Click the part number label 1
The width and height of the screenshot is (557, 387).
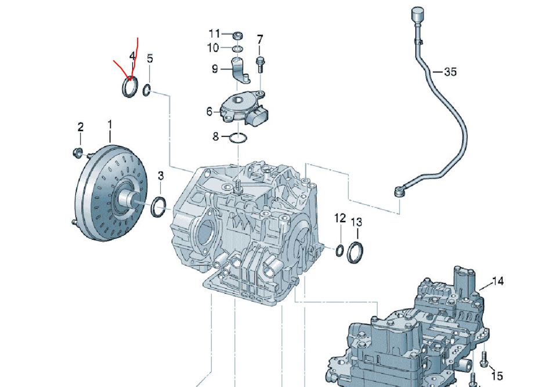109,124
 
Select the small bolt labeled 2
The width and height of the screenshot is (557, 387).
77,153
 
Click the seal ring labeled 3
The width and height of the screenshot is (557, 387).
158,207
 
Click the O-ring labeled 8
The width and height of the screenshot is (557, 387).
237,138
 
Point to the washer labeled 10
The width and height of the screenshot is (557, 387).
237,47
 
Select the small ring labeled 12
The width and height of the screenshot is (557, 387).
339,251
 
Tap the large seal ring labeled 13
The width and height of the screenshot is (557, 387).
356,254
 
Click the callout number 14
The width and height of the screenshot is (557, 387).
498,282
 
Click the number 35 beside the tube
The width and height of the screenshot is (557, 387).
450,72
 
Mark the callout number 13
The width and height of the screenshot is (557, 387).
356,222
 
